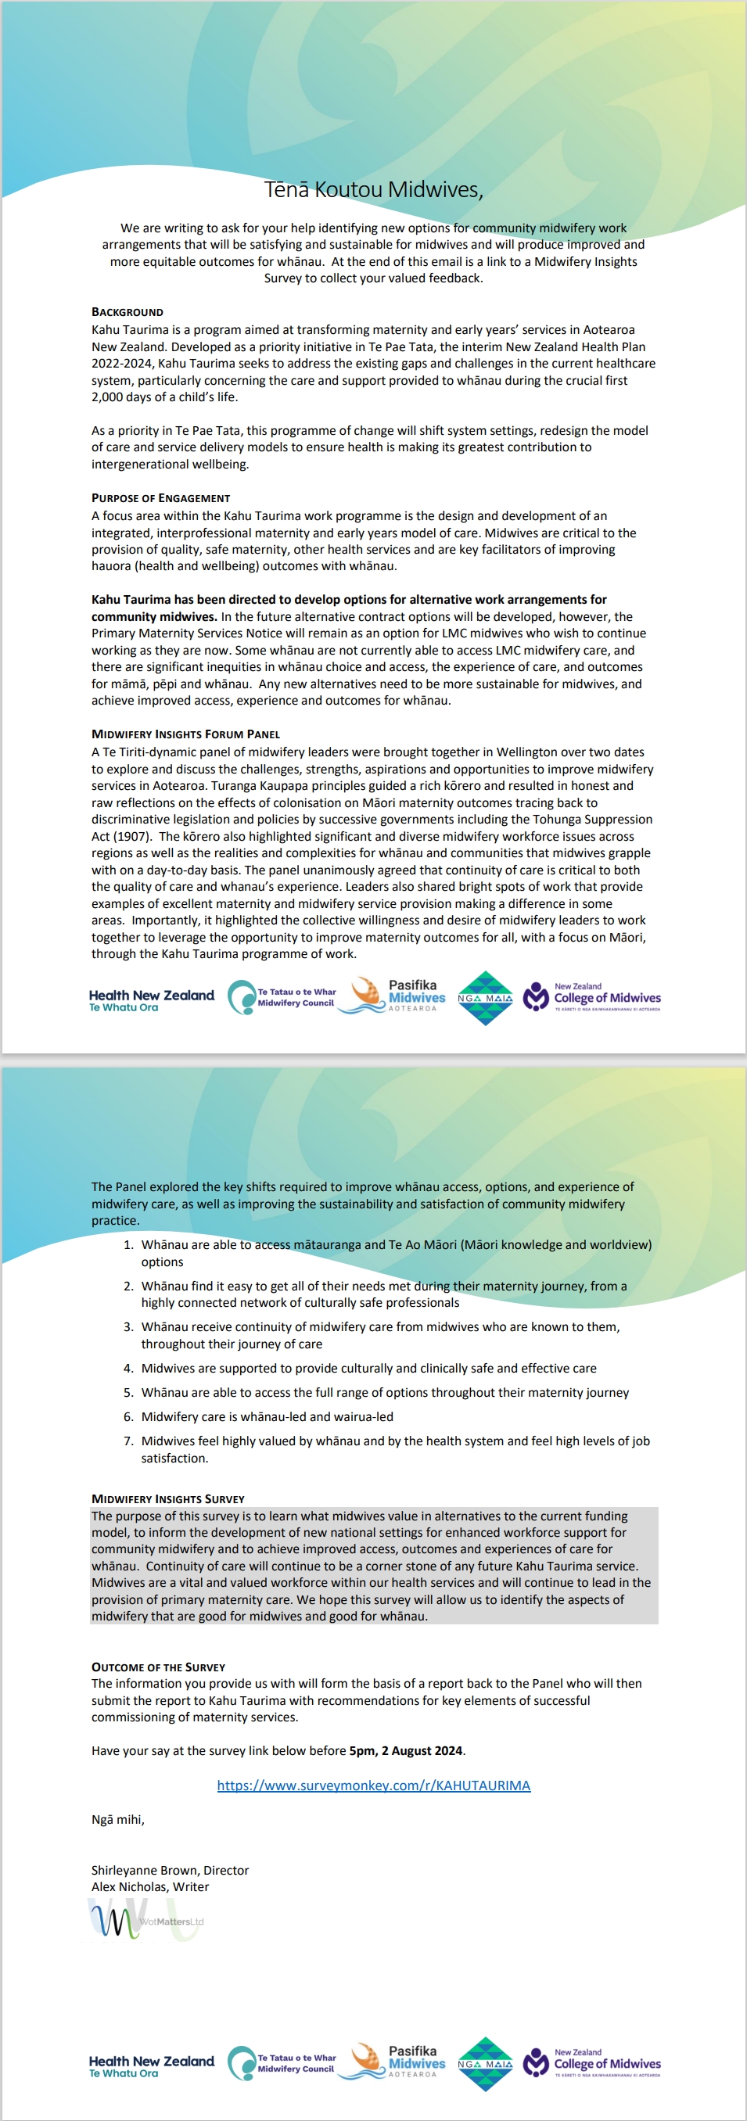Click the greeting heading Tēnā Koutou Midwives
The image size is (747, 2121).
click(x=373, y=189)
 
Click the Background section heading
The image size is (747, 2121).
click(x=127, y=312)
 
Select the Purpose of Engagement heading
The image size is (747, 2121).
click(x=160, y=498)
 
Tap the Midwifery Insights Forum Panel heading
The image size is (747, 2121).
click(x=185, y=734)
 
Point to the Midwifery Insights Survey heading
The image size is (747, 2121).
click(x=167, y=1498)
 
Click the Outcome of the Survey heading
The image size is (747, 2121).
click(x=158, y=1667)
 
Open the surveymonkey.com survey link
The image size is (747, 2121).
click(x=373, y=1785)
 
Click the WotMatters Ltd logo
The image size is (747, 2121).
click(x=145, y=1921)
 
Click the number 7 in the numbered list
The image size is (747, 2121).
click(x=128, y=1441)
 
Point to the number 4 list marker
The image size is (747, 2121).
click(x=128, y=1369)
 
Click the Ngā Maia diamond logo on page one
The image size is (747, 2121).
click(x=485, y=998)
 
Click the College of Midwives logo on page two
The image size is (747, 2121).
click(x=592, y=2062)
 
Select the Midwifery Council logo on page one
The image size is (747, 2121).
click(x=282, y=997)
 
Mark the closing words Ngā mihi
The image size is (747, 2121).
click(x=117, y=1820)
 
